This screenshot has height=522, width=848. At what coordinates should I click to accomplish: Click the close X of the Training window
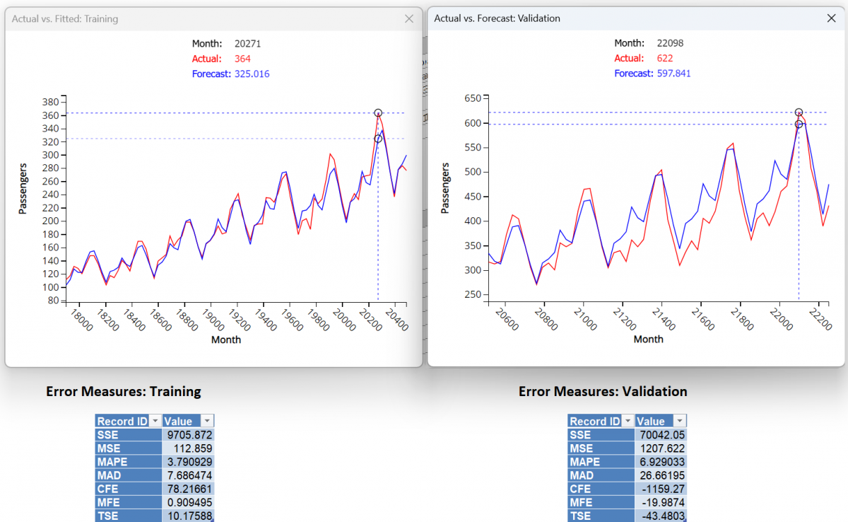pos(408,19)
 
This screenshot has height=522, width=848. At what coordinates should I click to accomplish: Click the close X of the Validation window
pos(831,18)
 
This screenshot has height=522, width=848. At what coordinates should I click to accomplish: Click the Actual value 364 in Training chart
pos(243,59)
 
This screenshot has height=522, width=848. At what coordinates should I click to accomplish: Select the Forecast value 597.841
pos(673,74)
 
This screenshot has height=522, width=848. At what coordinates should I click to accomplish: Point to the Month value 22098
pos(669,43)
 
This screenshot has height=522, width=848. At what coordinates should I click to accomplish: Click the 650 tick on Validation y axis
pos(471,98)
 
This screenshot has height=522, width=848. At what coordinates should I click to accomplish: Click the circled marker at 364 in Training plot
pos(378,113)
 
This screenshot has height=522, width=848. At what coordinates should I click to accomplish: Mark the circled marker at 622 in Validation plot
pos(799,112)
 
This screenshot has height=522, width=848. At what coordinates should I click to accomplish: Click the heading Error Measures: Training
pos(124,391)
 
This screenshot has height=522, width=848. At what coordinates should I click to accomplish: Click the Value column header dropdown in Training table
pos(206,421)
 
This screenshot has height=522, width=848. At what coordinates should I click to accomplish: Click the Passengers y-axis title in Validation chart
pos(445,188)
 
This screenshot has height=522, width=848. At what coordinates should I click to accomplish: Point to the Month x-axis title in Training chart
pos(226,340)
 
